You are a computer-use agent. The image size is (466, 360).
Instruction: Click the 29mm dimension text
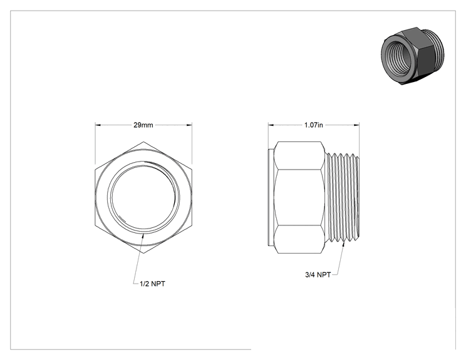(x=143, y=125)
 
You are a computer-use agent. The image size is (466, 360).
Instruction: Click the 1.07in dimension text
(x=314, y=125)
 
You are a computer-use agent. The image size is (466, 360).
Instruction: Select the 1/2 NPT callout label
(x=152, y=284)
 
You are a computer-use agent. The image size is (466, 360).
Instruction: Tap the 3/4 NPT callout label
(x=318, y=275)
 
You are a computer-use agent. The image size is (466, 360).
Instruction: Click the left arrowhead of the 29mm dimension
(x=98, y=125)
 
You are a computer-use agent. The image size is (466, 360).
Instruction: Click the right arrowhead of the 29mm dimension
(x=189, y=125)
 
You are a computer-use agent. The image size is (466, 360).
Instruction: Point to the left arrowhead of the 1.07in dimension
(x=271, y=125)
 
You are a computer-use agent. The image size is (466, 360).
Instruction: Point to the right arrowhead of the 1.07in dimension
(x=356, y=125)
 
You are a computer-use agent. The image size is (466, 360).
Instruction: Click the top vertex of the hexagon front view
(x=143, y=141)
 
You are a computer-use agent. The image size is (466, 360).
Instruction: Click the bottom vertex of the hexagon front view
(x=143, y=254)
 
